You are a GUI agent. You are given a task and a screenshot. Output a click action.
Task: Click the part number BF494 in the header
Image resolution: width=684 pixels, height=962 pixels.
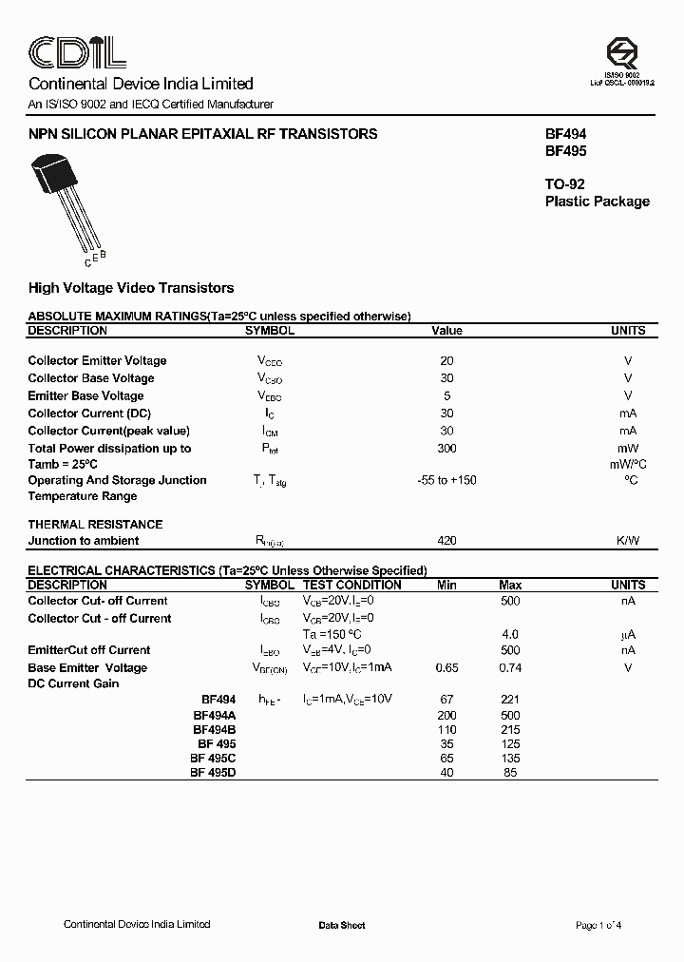pos(565,135)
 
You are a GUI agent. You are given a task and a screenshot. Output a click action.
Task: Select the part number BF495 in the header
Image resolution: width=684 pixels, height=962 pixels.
pos(565,151)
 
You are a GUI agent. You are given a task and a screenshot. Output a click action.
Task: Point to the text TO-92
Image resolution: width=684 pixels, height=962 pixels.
pos(568,183)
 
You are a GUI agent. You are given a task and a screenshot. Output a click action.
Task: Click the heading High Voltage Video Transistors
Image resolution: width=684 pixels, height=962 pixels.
pos(131,288)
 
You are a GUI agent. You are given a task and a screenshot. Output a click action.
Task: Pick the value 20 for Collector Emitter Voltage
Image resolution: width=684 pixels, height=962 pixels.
pos(446,361)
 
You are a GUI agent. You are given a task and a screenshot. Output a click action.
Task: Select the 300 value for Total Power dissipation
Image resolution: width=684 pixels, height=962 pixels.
pos(446,449)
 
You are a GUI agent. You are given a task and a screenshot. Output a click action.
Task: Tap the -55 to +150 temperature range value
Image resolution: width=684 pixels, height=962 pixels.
pos(446,480)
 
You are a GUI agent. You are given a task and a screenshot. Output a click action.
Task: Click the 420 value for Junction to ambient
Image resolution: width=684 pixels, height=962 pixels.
pos(446,541)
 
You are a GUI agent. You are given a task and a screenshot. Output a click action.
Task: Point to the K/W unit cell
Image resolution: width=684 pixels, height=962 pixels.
pos(627,541)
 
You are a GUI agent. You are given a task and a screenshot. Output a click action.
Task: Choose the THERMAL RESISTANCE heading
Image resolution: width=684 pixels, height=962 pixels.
pos(95,525)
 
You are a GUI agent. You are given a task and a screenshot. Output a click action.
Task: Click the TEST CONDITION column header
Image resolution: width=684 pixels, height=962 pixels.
pos(351,586)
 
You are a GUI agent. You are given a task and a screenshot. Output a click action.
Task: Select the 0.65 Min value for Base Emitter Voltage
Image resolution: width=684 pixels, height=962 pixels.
pos(446,668)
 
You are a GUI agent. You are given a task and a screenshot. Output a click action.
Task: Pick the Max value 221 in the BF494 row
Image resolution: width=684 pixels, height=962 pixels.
pos(510,700)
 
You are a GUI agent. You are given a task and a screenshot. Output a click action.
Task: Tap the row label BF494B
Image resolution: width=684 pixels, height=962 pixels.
pos(215,729)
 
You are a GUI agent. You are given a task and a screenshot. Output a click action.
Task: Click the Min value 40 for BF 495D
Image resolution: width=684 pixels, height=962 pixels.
pos(446,773)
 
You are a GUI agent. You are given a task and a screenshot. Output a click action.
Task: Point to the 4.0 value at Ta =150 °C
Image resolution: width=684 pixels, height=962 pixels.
pos(510,634)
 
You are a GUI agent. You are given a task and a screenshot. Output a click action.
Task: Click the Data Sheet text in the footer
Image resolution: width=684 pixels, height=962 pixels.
pos(342,926)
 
